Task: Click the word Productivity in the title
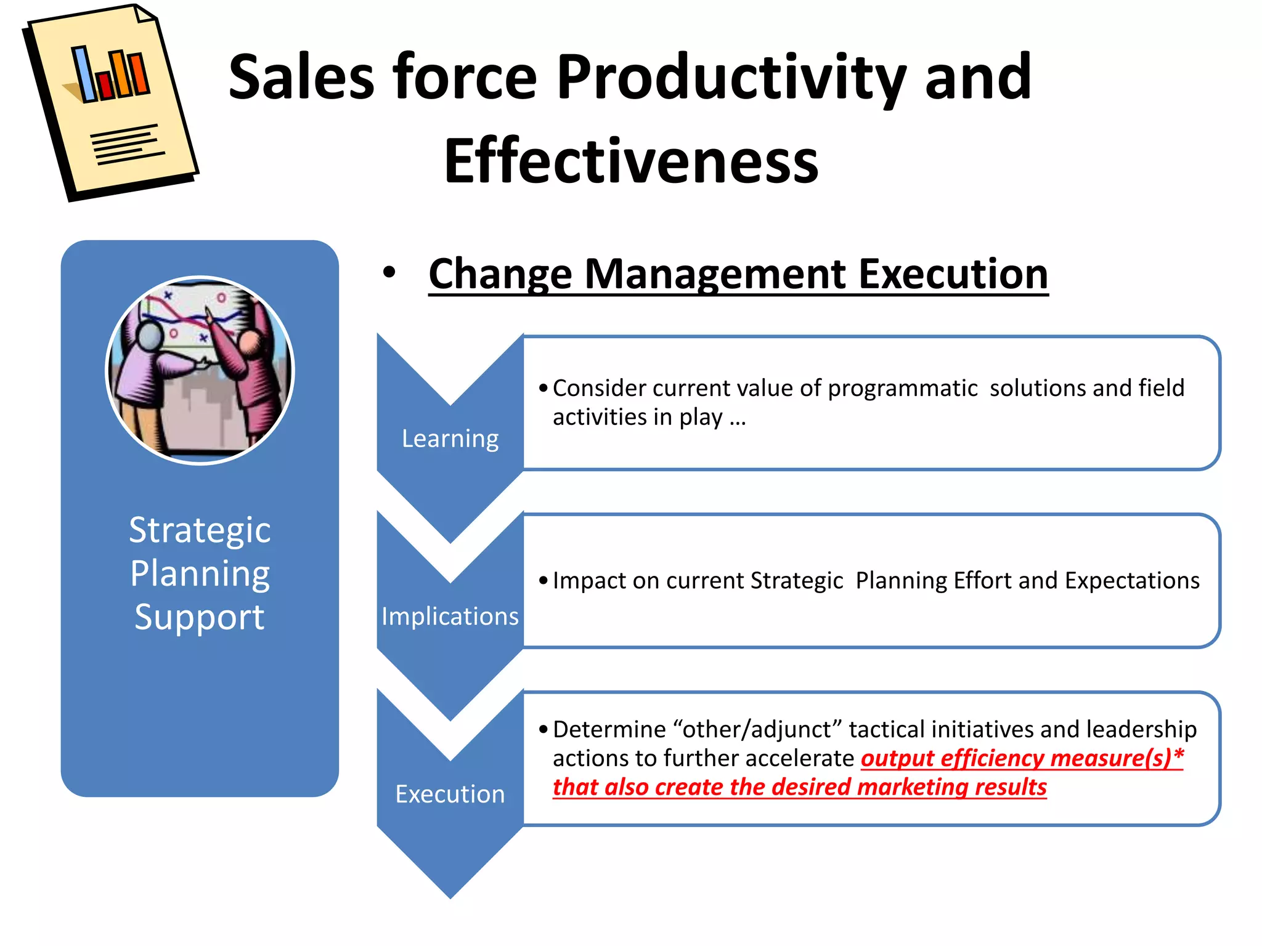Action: click(x=731, y=78)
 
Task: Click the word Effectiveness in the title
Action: click(x=631, y=161)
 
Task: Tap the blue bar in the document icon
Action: click(x=84, y=74)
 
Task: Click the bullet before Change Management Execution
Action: click(x=389, y=272)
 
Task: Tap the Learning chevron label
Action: click(x=450, y=439)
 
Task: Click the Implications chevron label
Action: click(x=450, y=617)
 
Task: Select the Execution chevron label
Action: click(x=450, y=794)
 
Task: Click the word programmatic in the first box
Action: click(x=902, y=389)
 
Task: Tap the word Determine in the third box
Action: click(x=609, y=730)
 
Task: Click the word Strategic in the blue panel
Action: click(x=200, y=530)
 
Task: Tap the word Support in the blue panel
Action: click(x=200, y=617)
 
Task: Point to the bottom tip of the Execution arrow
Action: click(x=450, y=897)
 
